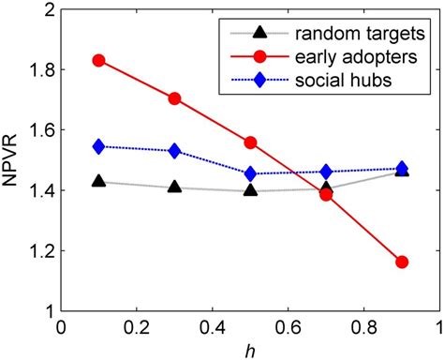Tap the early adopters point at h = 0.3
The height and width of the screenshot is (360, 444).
175,98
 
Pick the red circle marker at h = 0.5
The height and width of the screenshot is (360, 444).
250,142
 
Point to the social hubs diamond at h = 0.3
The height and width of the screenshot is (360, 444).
175,151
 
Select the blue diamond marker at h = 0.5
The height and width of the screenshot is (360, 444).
250,173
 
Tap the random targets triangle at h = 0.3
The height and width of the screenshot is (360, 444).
175,187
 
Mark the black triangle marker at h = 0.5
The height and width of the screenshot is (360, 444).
250,189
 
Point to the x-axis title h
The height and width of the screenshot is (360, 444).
250,350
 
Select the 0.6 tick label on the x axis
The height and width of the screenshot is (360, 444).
287,329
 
